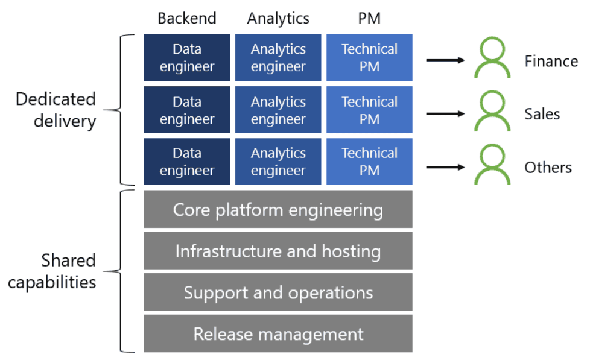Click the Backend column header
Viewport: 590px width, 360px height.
click(186, 19)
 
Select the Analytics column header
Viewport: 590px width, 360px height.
click(278, 19)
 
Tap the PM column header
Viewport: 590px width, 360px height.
click(369, 19)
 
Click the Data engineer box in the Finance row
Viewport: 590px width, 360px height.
click(187, 58)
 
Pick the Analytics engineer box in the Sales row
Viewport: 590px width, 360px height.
click(278, 110)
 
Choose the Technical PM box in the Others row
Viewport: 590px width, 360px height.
click(369, 162)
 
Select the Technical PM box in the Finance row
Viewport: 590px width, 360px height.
click(369, 58)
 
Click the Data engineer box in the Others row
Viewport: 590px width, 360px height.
click(187, 162)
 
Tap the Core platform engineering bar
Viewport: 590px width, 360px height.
click(278, 210)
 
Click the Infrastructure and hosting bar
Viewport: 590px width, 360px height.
click(278, 251)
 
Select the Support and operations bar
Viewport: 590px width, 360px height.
click(278, 292)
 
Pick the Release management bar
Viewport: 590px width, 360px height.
click(278, 333)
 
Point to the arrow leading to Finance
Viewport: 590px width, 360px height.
click(445, 60)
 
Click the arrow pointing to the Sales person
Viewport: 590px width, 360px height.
click(445, 113)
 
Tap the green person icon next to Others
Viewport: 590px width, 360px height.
click(492, 166)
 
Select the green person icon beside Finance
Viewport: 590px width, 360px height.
click(492, 59)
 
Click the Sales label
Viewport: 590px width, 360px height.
click(542, 114)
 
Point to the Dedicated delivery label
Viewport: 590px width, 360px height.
click(56, 110)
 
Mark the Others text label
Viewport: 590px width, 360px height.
click(548, 167)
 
